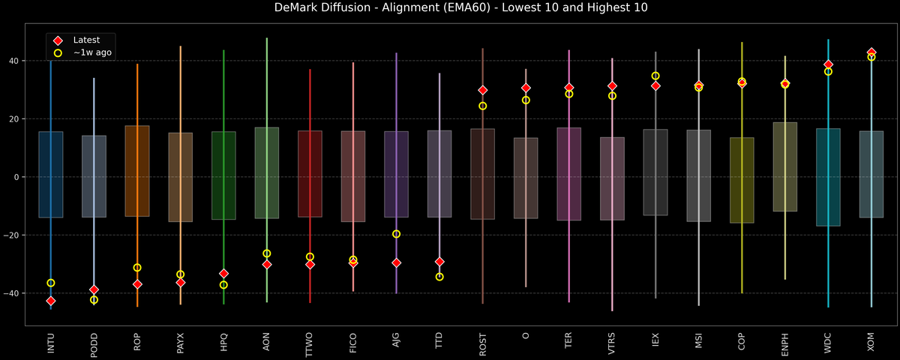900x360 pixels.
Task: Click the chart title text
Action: pos(450,8)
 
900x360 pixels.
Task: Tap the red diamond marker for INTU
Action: pos(51,301)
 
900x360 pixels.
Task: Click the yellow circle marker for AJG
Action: pos(396,234)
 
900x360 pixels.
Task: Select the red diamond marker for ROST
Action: pos(483,90)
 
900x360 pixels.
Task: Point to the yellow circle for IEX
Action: pos(655,76)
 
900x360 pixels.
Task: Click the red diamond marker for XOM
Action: pos(871,52)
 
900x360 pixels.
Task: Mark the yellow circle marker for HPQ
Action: pos(223,285)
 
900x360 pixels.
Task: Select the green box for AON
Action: pos(267,172)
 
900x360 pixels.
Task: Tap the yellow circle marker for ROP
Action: pos(137,268)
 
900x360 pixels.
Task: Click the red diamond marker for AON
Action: pos(267,264)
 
